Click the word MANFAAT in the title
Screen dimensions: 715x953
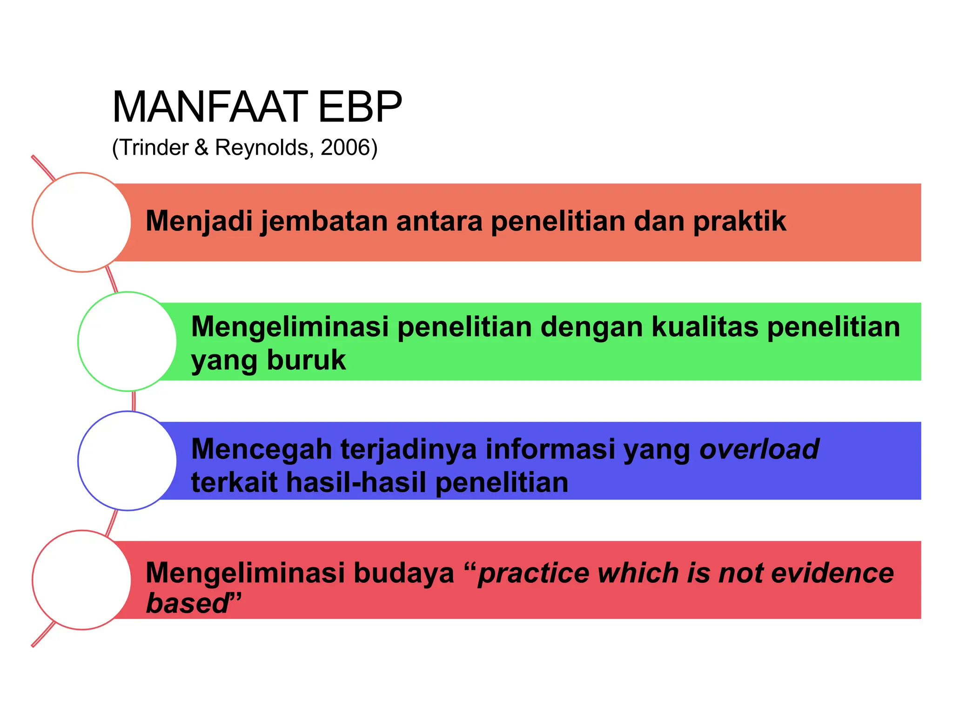pos(209,107)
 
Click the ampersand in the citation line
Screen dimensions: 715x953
pos(201,148)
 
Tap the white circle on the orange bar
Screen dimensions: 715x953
pos(82,222)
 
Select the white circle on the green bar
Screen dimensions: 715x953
pos(127,341)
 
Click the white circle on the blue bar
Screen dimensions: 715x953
pos(127,460)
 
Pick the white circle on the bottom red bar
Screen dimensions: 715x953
pos(82,580)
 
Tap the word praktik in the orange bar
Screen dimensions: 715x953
pos(739,221)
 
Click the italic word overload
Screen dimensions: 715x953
pos(759,449)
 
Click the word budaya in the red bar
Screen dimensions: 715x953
pos(403,573)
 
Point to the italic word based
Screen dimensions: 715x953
pos(186,603)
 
